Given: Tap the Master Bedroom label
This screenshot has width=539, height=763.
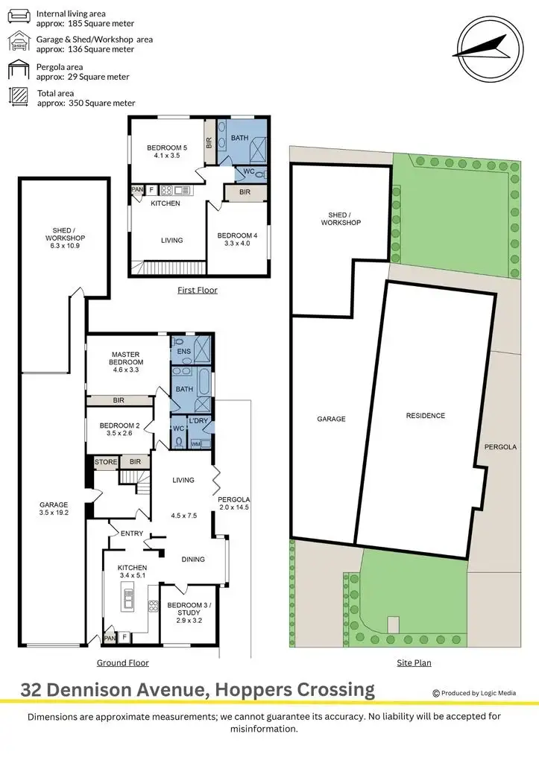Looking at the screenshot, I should [127, 362].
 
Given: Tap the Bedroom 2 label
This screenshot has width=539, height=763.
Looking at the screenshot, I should [116, 430].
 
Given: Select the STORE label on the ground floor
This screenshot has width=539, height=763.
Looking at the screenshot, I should [106, 462].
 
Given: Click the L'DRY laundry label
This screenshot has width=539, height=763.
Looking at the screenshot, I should [198, 422].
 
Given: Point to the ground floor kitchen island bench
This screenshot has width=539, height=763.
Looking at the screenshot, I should [127, 596].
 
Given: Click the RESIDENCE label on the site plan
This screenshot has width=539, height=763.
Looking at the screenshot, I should [425, 416].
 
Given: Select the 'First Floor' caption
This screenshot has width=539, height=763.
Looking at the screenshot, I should [198, 290].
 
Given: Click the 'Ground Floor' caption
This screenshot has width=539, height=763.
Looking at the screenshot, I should [123, 662].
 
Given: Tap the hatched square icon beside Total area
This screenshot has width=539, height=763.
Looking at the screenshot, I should [16, 98].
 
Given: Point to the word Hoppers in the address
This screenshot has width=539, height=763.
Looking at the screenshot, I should [248, 690].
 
